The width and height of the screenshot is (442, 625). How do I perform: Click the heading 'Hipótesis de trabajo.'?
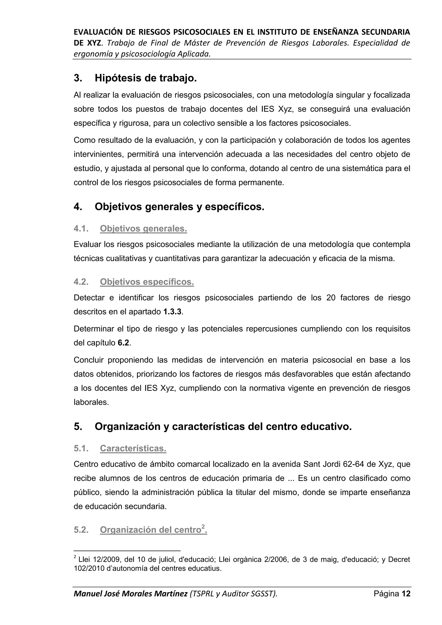pos(146,78)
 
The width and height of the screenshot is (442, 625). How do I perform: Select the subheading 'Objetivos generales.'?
pos(144,229)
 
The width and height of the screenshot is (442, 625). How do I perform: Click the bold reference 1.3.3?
pos(172,312)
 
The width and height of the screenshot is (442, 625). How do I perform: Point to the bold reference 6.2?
pos(123,343)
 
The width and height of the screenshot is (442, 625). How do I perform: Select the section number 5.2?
pos(81,530)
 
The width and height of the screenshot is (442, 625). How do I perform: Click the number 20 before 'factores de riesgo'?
pos(331,298)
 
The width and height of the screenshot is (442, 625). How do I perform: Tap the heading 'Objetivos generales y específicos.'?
pos(179,207)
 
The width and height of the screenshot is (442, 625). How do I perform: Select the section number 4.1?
pos(81,229)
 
